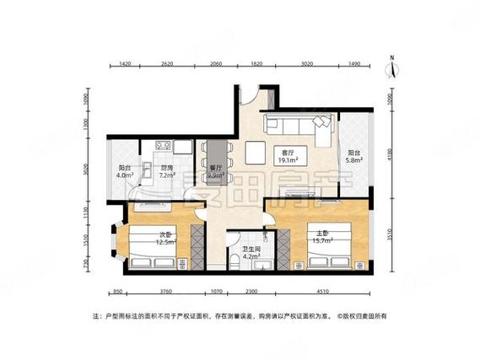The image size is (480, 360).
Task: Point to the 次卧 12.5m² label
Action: (164, 239)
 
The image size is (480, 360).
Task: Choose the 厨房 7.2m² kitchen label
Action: (167, 172)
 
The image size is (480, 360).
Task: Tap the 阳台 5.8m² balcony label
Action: (354, 156)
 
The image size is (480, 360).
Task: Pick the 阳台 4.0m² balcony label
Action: (124, 172)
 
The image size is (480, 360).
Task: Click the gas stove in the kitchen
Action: (160, 145)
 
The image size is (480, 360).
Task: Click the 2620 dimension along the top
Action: (166, 63)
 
